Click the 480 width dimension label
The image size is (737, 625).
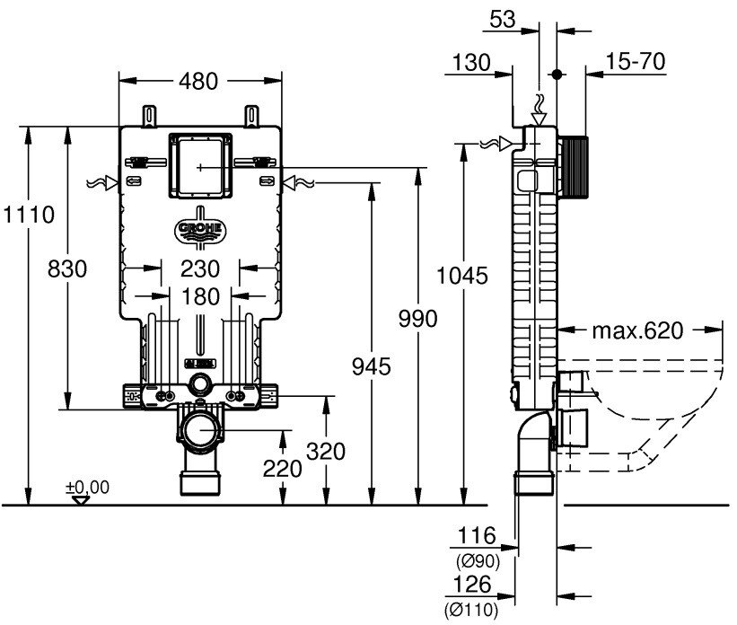coord(198,81)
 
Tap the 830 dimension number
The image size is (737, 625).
coord(67,268)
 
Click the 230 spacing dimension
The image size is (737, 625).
coord(200,268)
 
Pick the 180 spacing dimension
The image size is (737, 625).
coord(200,296)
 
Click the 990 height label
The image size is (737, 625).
coord(418,319)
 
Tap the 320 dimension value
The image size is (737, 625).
coord(326,452)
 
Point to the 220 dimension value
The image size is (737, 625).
coord(283,467)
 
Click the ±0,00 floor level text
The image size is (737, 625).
coord(87,487)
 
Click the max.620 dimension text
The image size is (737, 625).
coord(636,330)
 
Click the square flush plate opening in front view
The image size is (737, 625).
coord(200,167)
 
